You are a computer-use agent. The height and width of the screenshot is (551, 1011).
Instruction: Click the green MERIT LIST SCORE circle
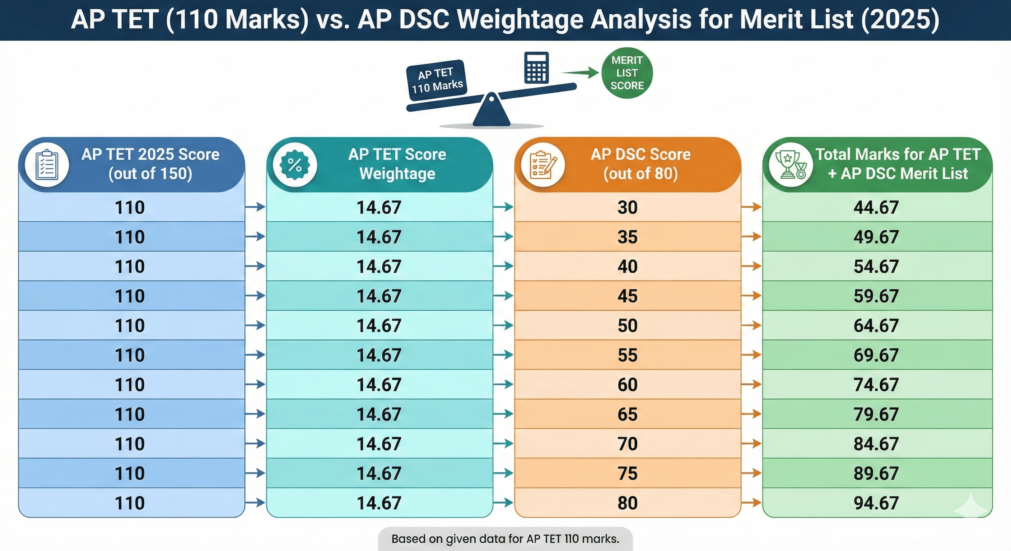coord(627,73)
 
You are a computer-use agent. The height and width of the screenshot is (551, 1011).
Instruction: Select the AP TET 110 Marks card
coord(437,80)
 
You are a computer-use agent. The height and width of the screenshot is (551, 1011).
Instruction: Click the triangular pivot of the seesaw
coord(491,111)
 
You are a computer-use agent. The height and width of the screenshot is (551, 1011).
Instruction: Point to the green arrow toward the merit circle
coord(580,72)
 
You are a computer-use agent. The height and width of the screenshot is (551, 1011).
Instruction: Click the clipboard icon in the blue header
coord(47,165)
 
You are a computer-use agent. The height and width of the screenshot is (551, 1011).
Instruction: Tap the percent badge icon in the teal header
coord(295,165)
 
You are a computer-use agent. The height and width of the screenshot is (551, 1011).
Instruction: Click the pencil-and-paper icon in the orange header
coord(543,165)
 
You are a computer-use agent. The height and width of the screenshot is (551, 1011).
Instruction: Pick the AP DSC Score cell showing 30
coord(627,207)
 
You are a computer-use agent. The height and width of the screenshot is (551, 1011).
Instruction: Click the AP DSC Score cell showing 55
coord(627,355)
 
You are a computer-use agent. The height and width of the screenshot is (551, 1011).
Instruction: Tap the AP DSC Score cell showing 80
coord(627,503)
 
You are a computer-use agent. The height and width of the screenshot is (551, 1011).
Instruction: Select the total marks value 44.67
coord(876,207)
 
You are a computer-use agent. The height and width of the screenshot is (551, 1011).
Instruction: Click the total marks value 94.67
coord(876,503)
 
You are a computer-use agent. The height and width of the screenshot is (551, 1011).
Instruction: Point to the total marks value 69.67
coord(876,355)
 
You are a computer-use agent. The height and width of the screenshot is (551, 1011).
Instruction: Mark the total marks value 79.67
coord(876,414)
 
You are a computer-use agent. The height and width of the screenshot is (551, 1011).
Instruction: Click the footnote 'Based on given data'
coord(505,539)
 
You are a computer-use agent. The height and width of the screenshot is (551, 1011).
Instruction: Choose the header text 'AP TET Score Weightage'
coord(397,164)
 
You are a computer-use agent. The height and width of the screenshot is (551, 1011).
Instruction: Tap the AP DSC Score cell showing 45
coord(627,296)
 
